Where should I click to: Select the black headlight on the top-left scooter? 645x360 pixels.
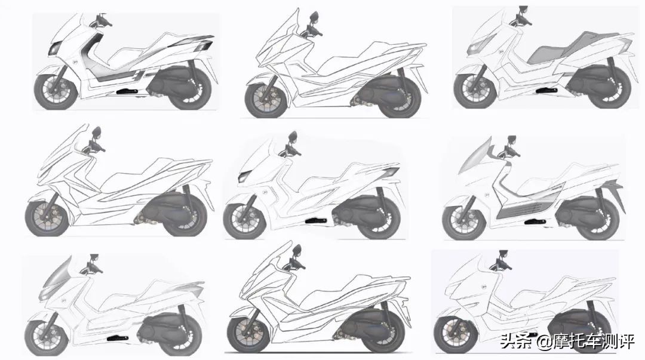(55, 48)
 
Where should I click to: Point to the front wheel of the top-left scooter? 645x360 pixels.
(56, 90)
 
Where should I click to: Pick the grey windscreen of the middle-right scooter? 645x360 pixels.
(476, 155)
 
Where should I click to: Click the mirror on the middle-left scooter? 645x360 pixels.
(97, 132)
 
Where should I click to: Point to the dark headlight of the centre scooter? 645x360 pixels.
(244, 176)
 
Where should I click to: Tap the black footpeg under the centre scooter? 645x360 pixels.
(316, 220)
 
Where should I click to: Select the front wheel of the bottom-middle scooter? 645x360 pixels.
(248, 331)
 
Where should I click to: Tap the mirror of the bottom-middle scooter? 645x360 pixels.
(297, 250)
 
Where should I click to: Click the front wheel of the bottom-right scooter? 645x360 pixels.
(455, 333)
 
